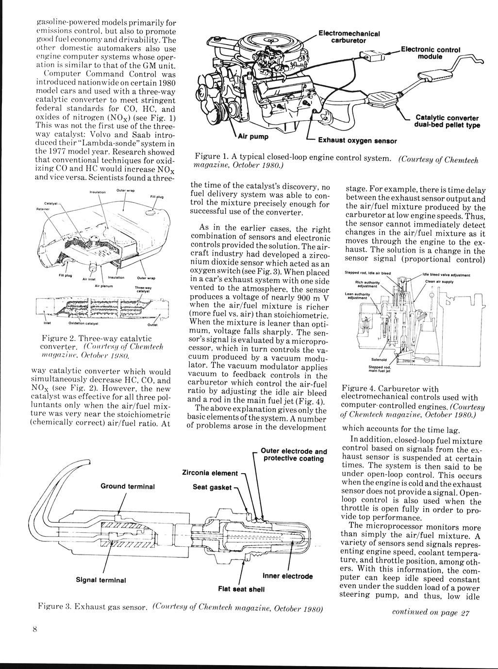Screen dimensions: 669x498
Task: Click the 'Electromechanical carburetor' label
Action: click(x=348, y=37)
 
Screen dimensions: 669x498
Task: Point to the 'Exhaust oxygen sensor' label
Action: click(x=357, y=141)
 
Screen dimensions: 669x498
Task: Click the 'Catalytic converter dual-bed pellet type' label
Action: click(x=447, y=121)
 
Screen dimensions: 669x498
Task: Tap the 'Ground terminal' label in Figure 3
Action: click(x=127, y=486)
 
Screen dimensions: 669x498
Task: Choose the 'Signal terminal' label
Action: click(x=101, y=580)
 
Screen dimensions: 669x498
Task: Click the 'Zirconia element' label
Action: click(x=210, y=473)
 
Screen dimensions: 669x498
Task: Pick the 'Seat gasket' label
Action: click(x=212, y=487)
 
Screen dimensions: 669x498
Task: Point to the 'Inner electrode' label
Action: click(x=287, y=576)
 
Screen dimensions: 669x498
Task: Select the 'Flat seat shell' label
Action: click(x=241, y=589)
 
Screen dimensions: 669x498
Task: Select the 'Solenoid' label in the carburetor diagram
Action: click(x=379, y=360)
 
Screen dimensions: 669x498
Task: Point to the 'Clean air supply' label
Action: click(x=439, y=282)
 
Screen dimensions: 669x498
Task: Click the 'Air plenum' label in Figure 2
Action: click(x=103, y=286)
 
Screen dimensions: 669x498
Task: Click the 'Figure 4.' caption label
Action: click(x=360, y=389)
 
